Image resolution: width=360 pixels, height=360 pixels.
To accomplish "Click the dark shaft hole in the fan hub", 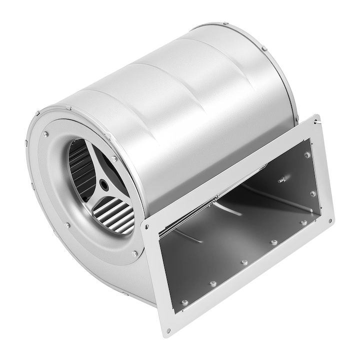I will [x=103, y=184].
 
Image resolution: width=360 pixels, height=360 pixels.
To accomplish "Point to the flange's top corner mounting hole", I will [x=316, y=121].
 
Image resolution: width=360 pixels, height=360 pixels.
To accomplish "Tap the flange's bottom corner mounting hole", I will [x=168, y=330].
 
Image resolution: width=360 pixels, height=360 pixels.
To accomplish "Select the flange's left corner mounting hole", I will [x=146, y=226].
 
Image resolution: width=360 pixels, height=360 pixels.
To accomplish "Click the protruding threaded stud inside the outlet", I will [x=282, y=179].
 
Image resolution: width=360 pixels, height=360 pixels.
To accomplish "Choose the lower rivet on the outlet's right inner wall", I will [x=312, y=193].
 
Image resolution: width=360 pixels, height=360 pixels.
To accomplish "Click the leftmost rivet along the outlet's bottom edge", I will [x=184, y=302].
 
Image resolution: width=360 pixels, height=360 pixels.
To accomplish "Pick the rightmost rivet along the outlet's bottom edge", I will [x=303, y=222].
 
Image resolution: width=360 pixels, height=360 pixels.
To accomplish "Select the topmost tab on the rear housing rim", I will [x=226, y=23].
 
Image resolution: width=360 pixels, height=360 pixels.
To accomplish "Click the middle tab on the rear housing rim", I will [x=264, y=48].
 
